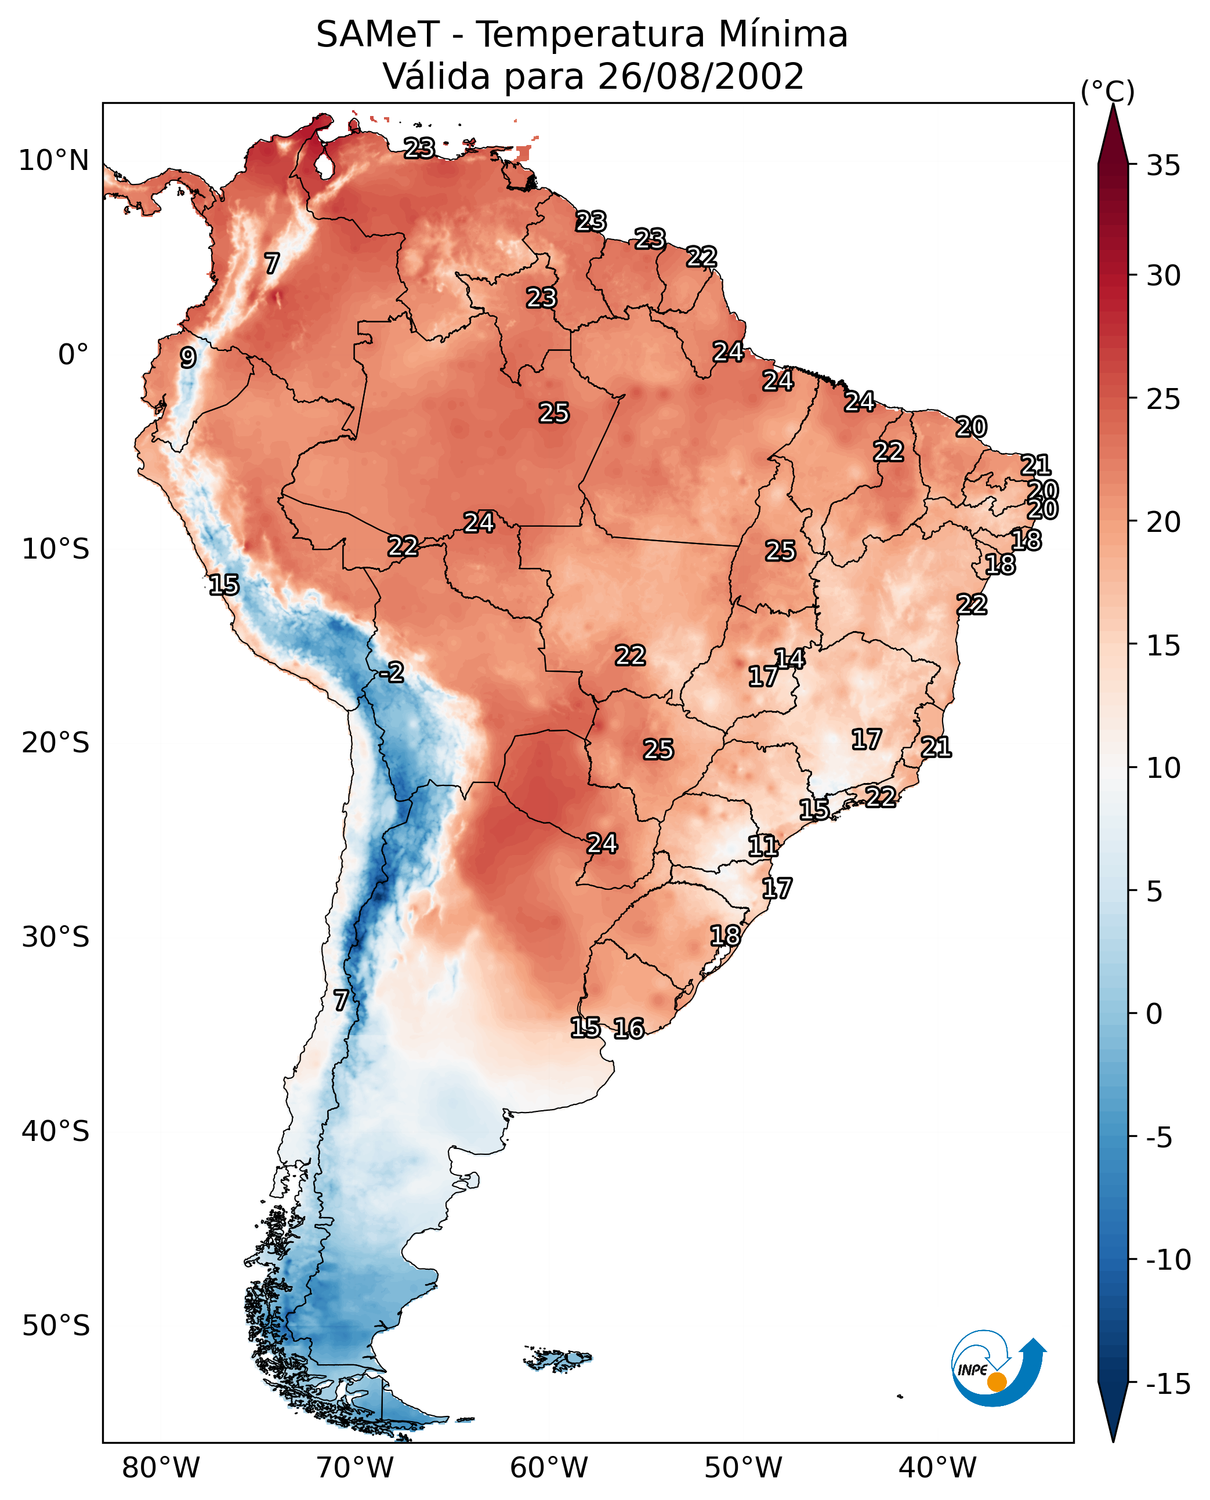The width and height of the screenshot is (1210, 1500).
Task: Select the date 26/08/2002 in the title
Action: tap(701, 77)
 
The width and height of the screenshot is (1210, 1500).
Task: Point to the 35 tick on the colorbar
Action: tap(1163, 166)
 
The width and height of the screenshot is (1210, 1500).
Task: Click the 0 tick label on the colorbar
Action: tap(1154, 1013)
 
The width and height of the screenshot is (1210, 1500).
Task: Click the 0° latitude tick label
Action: tap(73, 355)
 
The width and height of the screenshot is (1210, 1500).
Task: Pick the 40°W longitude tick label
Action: tap(937, 1468)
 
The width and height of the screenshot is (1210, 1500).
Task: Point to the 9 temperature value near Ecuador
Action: tap(188, 357)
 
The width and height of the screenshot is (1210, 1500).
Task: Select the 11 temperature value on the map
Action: tap(763, 846)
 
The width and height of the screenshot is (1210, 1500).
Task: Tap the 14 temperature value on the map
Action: tap(789, 659)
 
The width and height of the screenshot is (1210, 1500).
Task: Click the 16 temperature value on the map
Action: tap(629, 1028)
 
